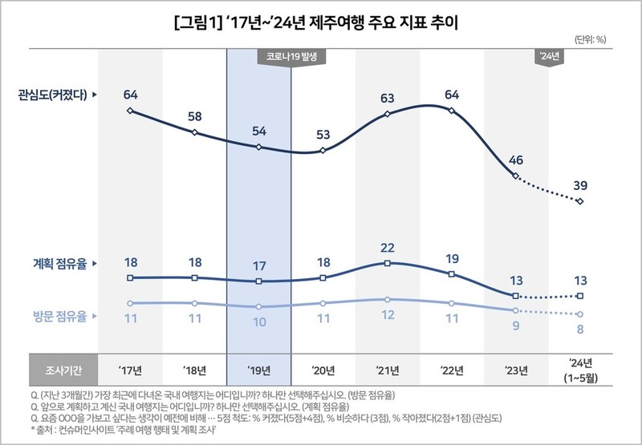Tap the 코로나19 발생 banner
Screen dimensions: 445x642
(291, 57)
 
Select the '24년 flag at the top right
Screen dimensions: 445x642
(549, 57)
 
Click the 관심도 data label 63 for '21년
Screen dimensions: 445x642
(388, 99)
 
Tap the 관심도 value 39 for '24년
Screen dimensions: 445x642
(579, 185)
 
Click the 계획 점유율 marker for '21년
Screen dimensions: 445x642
(388, 263)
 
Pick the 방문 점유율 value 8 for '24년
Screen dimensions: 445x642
(579, 329)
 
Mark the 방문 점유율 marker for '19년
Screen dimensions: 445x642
(258, 307)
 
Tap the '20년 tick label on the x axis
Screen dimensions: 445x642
(323, 370)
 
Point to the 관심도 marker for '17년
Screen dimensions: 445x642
(130, 111)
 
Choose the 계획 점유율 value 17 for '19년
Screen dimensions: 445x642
(258, 265)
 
